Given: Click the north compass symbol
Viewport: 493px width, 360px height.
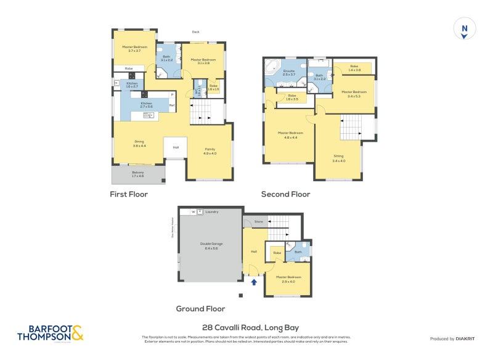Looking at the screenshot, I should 465,29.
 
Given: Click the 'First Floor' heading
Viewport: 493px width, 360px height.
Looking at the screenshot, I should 129,194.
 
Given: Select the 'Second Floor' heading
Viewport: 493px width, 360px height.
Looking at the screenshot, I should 285,194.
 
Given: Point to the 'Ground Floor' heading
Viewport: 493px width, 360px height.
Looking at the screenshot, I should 200,309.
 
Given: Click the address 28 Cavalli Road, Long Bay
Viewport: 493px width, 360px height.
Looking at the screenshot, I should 250,327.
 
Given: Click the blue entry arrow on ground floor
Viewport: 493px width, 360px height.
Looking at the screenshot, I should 254,282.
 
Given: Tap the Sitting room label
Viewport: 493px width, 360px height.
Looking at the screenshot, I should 338,158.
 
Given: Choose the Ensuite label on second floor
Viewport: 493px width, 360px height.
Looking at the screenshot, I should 289,72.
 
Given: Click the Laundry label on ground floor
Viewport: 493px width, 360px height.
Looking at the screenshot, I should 212,211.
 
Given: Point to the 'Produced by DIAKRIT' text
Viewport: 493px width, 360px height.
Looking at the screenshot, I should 455,339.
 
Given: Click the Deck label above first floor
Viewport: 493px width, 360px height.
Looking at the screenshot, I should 195,32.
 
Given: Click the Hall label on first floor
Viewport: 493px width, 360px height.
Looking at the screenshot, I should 176,147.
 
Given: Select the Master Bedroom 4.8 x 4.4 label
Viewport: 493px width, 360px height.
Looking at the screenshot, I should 287,135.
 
